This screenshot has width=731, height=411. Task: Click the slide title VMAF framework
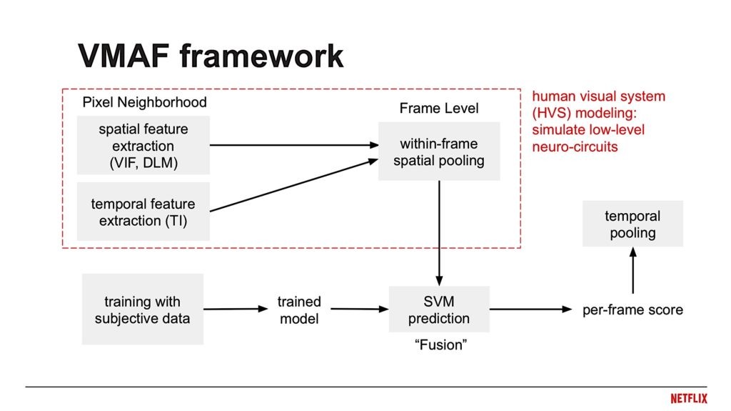[x=211, y=56]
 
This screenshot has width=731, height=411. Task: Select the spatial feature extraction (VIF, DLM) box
[x=143, y=145]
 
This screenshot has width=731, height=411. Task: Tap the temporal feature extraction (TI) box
[x=143, y=212]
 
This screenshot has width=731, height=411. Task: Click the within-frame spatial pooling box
[x=438, y=152]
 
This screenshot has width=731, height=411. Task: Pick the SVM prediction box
[x=439, y=309]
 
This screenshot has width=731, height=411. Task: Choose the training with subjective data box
[x=143, y=309]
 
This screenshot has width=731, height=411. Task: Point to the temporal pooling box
[x=632, y=224]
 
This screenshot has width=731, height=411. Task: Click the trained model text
[x=299, y=310]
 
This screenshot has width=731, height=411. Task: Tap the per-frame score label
[x=632, y=310]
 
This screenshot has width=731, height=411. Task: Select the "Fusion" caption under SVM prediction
[x=440, y=345]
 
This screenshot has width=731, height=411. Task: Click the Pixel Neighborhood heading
[x=144, y=102]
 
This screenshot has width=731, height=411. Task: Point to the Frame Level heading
[x=439, y=109]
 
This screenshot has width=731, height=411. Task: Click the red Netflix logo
[x=688, y=398]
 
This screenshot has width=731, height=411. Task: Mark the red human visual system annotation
[x=599, y=122]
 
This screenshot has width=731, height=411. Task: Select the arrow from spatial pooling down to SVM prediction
[x=439, y=232]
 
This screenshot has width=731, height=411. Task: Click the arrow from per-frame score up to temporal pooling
[x=632, y=272]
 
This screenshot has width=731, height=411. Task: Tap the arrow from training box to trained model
[x=234, y=310]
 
